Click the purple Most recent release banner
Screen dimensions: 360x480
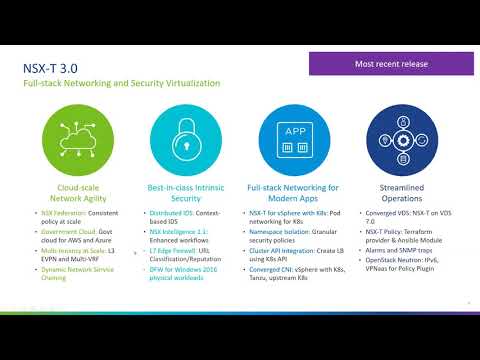391,64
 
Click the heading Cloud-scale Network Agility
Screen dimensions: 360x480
83,193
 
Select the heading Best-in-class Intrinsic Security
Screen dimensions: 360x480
187,193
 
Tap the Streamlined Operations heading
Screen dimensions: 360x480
394,193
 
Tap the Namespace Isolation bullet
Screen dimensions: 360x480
293,235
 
